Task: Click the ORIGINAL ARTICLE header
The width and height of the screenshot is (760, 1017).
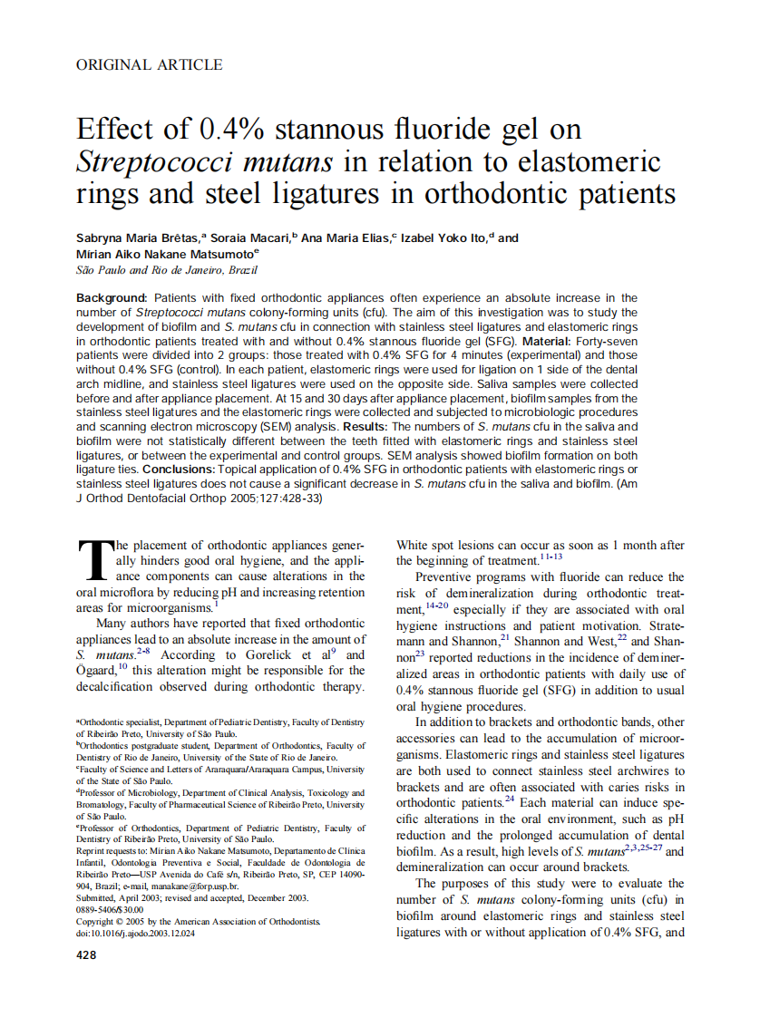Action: (x=149, y=64)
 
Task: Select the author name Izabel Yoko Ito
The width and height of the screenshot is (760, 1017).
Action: (x=444, y=238)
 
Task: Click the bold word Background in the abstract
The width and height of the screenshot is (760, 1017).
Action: (x=112, y=298)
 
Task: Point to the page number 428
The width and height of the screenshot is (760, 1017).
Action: (x=87, y=955)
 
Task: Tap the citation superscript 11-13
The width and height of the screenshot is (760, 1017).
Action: (x=551, y=556)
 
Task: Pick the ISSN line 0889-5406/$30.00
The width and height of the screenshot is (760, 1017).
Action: (x=110, y=909)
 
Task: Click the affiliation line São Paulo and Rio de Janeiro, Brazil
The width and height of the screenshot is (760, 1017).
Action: (x=167, y=270)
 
